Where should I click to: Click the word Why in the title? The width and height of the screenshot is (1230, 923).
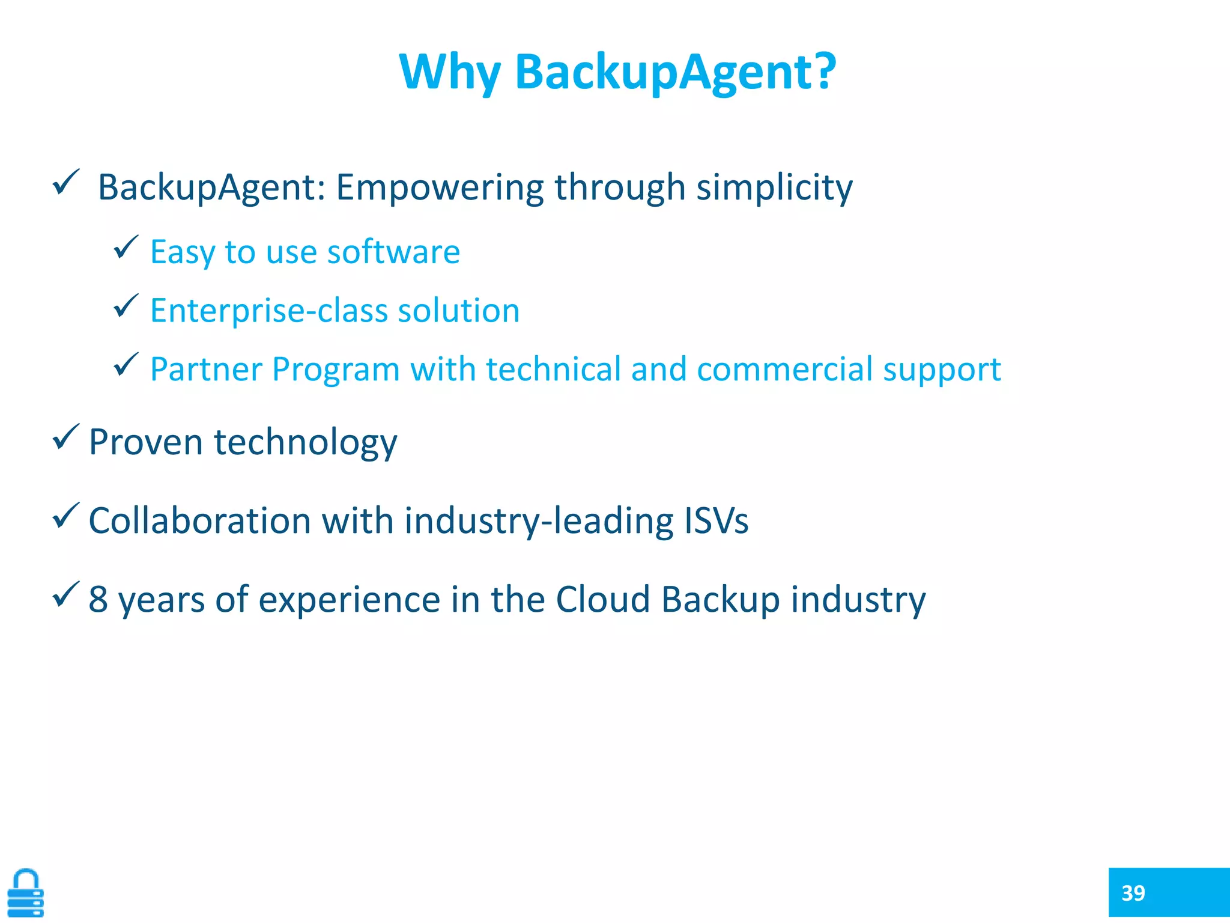point(449,72)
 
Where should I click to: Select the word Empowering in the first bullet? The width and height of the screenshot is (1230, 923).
point(439,187)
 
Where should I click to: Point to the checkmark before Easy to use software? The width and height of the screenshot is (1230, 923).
point(126,248)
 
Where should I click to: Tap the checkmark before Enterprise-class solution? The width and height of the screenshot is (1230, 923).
point(126,306)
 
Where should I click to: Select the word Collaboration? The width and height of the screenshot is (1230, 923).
point(199,520)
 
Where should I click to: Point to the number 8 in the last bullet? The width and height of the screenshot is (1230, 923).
point(98,599)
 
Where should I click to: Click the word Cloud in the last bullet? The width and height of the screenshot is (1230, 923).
point(602,599)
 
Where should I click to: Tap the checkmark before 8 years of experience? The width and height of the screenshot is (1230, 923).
point(65,594)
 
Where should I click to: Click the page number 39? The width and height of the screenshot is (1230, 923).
point(1133,893)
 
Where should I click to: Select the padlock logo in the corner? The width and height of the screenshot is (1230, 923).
point(25,893)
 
